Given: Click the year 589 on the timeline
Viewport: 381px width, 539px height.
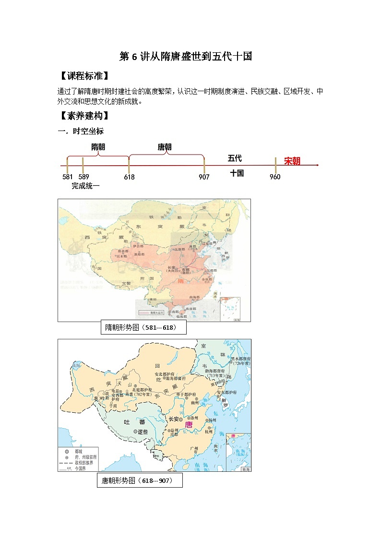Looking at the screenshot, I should tap(83, 177).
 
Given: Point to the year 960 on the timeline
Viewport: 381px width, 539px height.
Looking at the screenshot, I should tap(275, 177).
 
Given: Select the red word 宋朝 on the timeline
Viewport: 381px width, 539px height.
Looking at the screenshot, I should tap(292, 161).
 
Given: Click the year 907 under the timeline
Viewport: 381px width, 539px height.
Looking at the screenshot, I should tap(204, 177).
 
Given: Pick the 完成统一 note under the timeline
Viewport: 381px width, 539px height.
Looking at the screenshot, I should tap(85, 186).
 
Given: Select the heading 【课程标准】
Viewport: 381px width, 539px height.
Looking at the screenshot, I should tap(83, 76).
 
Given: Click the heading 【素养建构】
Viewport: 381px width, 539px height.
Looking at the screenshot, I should tap(83, 116).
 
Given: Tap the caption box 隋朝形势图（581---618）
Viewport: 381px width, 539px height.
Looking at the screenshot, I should tap(143, 328).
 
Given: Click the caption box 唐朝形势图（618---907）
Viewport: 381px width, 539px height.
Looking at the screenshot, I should tap(140, 480).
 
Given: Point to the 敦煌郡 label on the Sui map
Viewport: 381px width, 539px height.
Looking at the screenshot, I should tap(139, 254).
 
